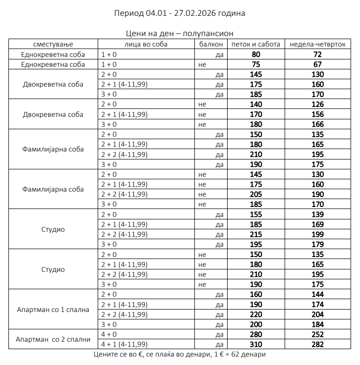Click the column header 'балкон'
coord(210,44)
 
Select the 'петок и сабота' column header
coord(256,44)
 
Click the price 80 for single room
coord(256,54)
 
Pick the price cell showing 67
coord(317,64)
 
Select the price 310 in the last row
coord(256,344)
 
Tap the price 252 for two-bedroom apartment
coord(317,334)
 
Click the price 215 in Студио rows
coord(256,234)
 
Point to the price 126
coord(317,104)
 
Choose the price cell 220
coord(256,314)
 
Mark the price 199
coord(317,234)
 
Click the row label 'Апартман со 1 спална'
coord(53,310)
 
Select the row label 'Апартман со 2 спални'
coord(53,339)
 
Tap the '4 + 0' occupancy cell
coord(109,334)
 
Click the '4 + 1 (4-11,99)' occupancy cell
coord(124,344)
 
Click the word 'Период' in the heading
coord(129,13)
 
